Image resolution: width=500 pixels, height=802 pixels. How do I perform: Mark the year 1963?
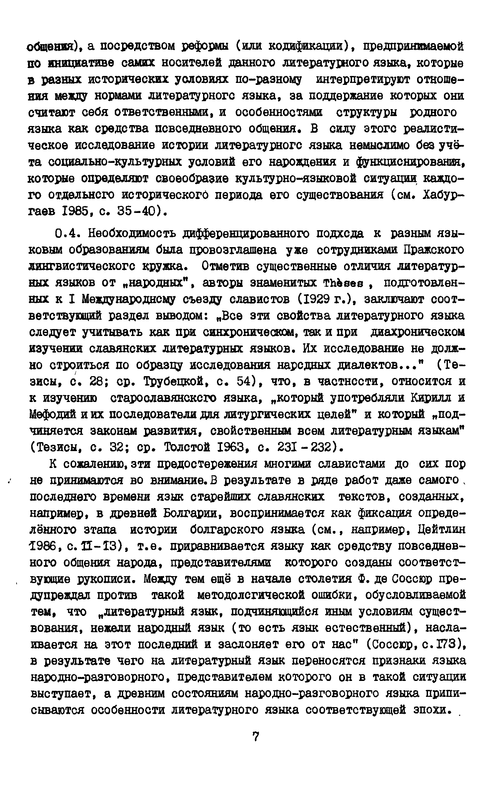pos(233,448)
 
